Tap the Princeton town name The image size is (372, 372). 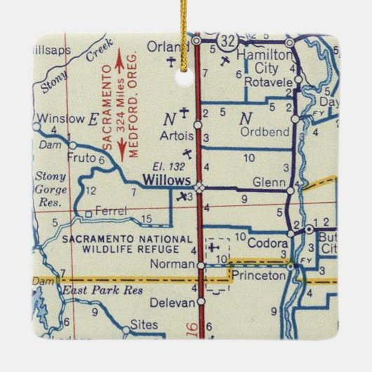click(260, 276)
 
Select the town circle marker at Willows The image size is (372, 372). click(200, 187)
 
